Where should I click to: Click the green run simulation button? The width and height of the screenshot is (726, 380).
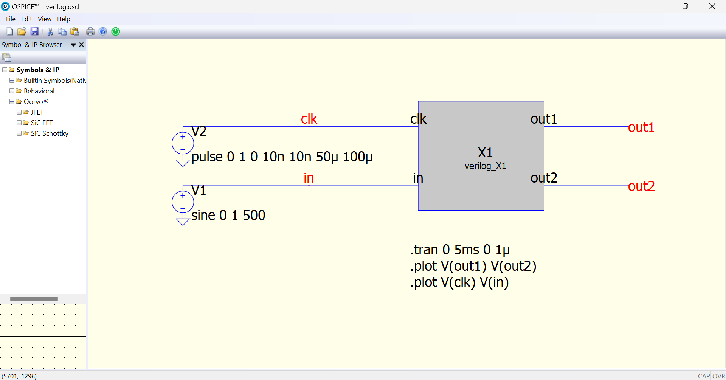116,31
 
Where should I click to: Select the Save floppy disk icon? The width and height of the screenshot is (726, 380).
34,31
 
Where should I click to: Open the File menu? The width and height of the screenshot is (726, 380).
11,19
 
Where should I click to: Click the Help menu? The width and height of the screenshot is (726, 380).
64,19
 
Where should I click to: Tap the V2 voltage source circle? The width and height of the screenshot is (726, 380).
183,143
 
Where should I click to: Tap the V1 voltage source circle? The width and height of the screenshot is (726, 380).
183,202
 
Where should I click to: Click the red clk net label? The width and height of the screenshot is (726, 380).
309,119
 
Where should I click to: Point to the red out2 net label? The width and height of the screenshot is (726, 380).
641,186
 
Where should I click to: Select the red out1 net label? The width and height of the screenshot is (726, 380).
641,127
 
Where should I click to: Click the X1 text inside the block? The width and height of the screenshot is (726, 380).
485,153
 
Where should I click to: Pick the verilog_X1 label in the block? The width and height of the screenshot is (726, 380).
485,166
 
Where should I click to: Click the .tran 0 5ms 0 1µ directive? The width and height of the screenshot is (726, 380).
460,250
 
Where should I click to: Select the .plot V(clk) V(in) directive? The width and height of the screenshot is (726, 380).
459,282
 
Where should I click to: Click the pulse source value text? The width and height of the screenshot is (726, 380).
282,157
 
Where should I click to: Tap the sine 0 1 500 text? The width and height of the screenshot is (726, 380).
228,215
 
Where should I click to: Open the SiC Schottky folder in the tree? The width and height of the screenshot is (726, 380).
50,133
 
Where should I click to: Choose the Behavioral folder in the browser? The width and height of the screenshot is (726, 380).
39,91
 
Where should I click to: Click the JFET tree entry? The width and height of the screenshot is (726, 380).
37,112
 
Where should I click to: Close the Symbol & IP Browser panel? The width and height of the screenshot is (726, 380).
81,45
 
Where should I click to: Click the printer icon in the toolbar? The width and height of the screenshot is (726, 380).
90,31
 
